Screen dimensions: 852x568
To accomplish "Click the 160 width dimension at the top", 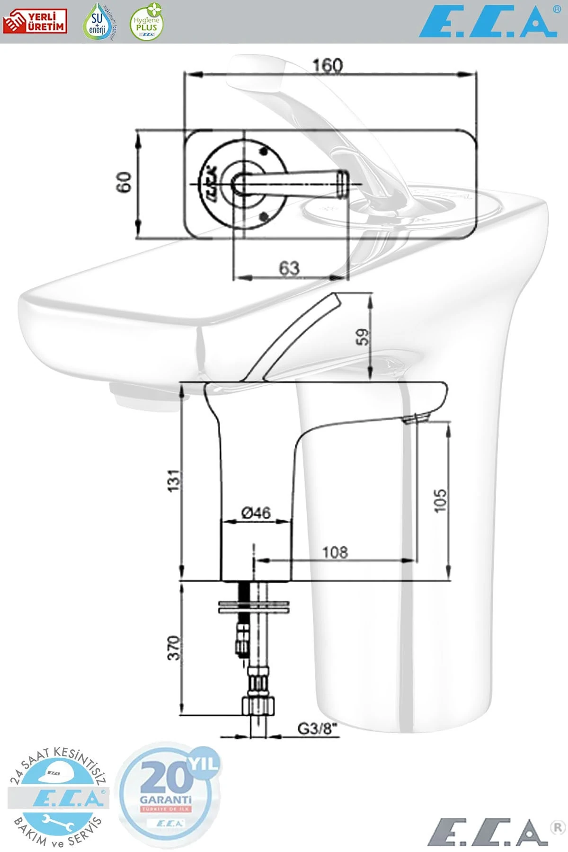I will [328, 65].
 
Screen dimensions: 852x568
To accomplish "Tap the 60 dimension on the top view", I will [124, 182].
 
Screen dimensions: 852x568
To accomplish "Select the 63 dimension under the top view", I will [289, 268].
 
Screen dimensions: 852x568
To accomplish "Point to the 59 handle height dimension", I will [362, 337].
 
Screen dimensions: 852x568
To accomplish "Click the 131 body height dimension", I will [175, 480].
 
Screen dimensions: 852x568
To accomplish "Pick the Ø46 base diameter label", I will [256, 512].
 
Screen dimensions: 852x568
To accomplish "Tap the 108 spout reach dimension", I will [335, 552].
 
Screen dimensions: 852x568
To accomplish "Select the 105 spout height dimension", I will [440, 500].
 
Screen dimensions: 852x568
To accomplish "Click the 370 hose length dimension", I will [175, 648].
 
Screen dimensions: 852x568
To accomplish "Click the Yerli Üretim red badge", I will [35, 22].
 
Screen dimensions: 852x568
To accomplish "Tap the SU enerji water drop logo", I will [98, 22].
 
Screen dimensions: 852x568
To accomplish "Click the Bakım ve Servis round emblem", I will [58, 798].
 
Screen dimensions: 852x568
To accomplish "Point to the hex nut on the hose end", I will [258, 705].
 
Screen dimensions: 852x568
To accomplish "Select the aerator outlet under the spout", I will [417, 418].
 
